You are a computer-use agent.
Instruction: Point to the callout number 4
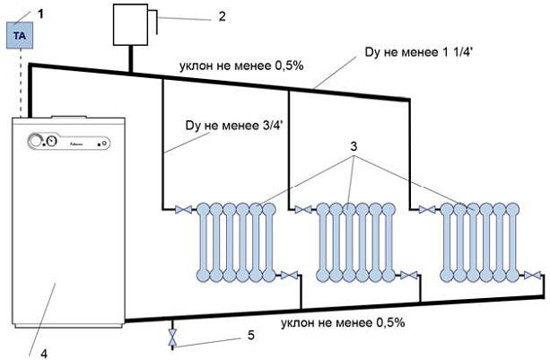coord(42,350)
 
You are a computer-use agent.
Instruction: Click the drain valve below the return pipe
coord(172,338)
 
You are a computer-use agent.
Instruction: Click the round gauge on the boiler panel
coord(39,142)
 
